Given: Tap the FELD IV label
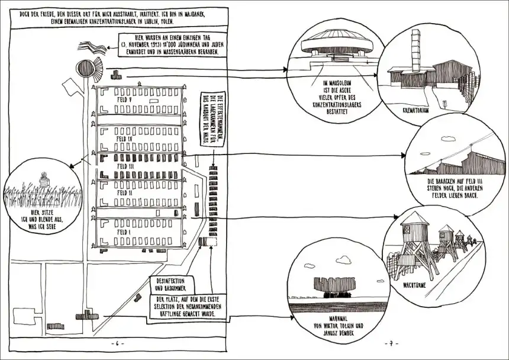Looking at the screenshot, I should [124, 139].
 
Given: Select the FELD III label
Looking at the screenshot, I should [126, 166].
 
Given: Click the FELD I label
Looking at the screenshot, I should [124, 225].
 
